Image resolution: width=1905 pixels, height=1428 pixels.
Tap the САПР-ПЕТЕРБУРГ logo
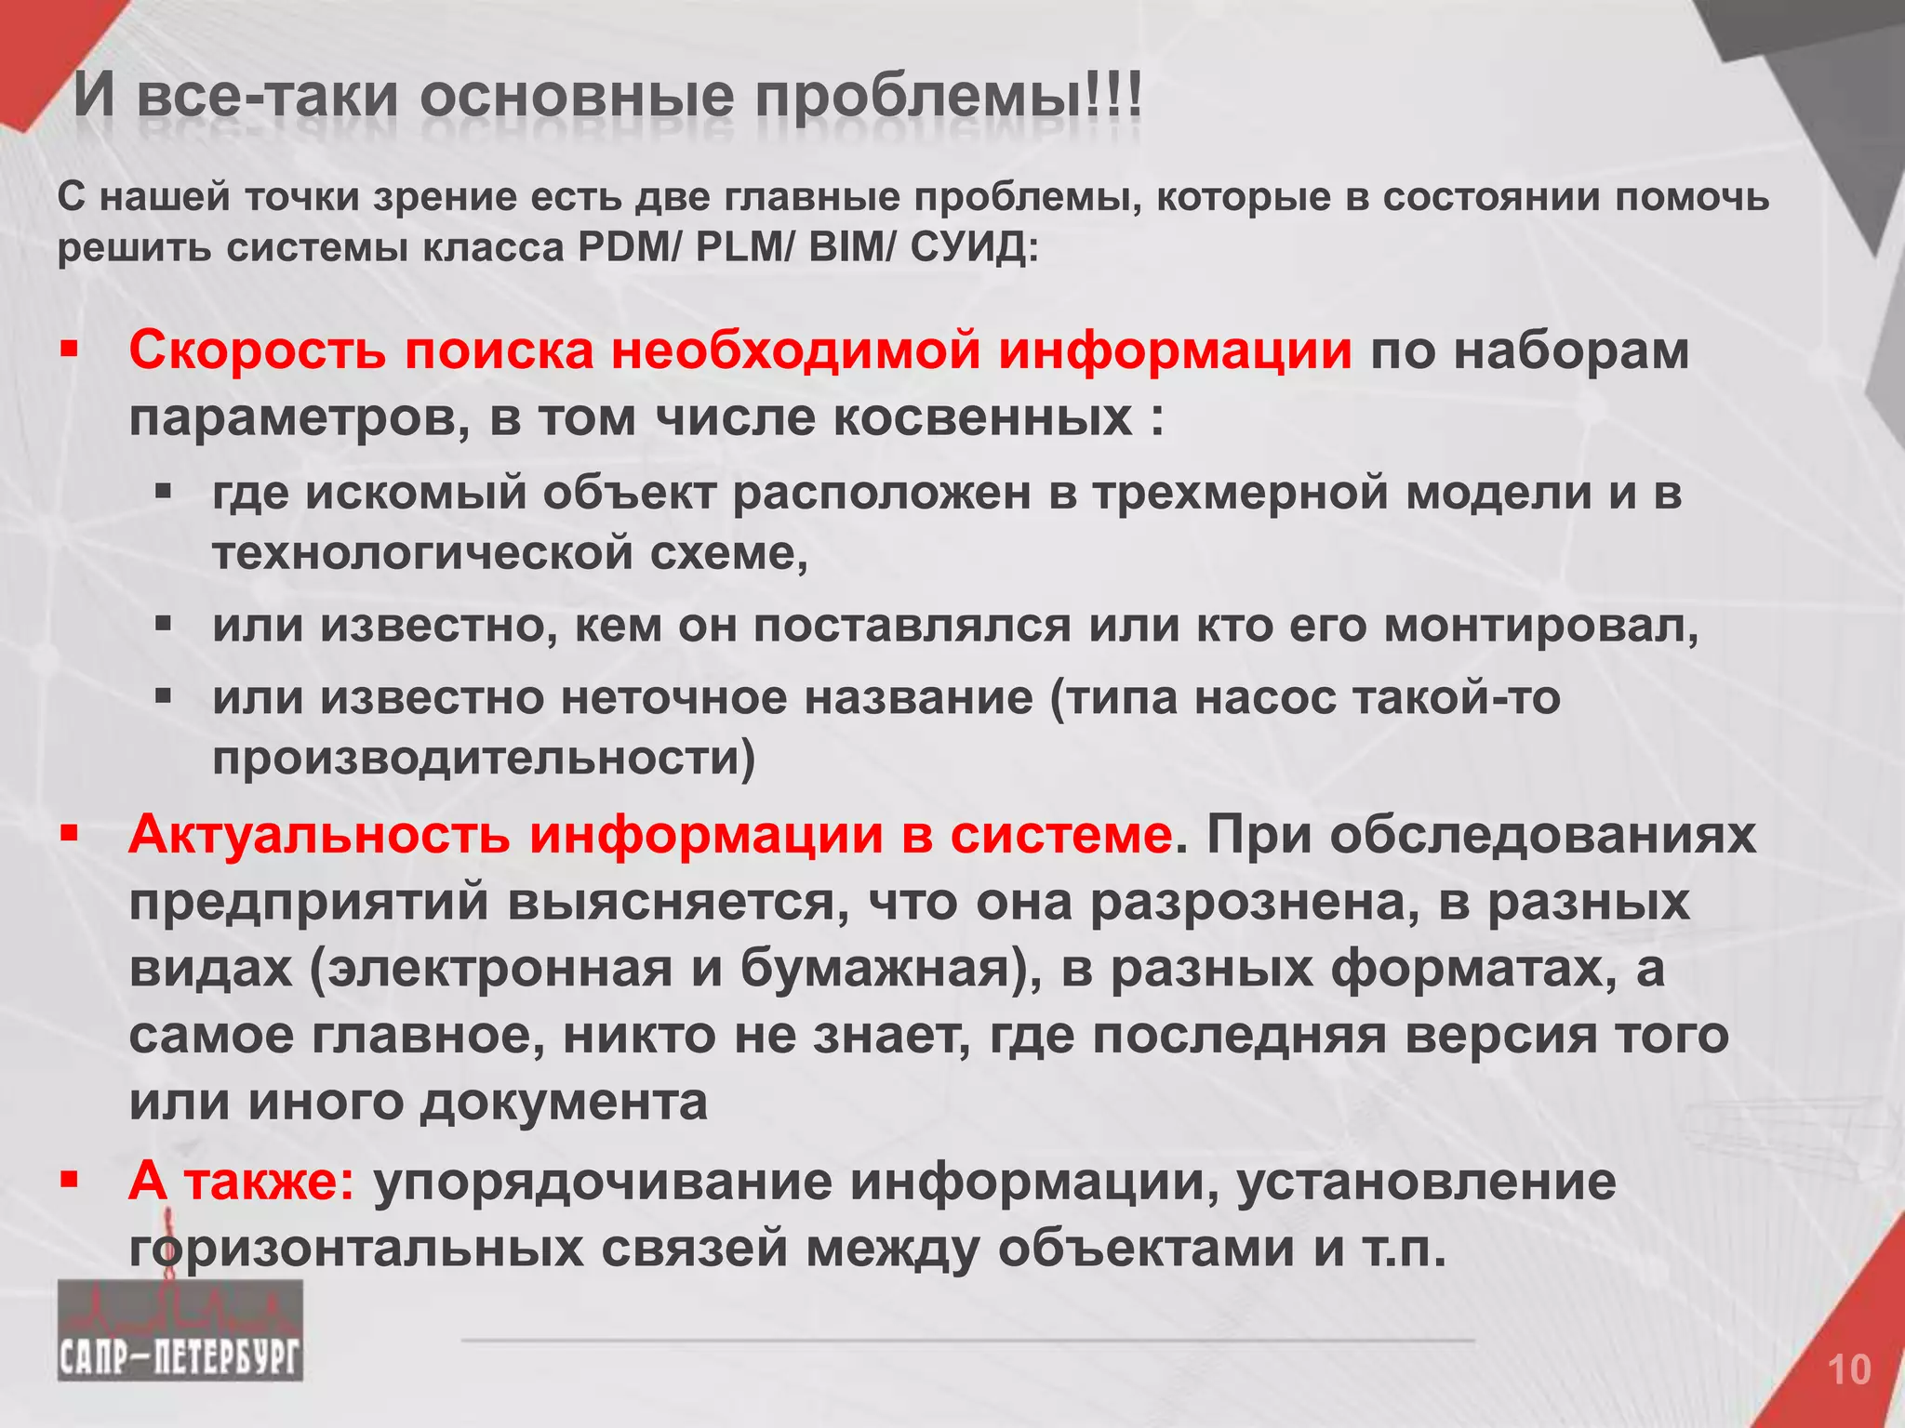coord(180,1329)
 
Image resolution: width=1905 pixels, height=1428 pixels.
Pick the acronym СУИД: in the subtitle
coord(973,248)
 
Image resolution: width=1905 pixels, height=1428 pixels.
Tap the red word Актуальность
coord(319,834)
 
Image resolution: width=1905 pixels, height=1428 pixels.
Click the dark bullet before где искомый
coord(164,489)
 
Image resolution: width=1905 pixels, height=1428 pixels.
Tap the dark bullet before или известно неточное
coord(164,694)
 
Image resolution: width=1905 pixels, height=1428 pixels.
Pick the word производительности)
coord(484,759)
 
